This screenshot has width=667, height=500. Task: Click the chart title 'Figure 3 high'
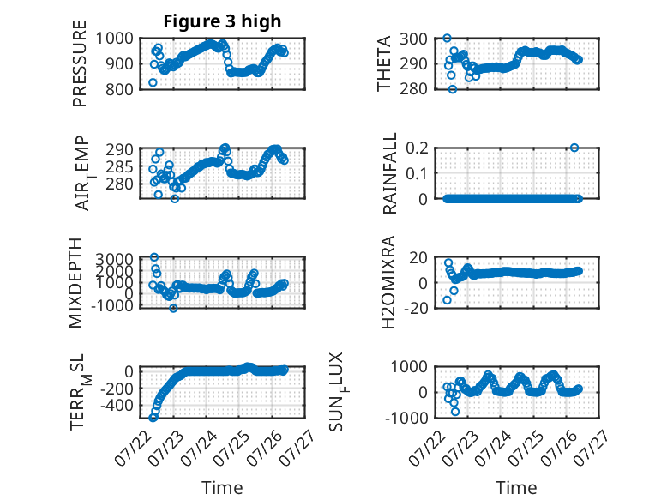(222, 21)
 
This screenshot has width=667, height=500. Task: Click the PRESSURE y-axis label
(80, 63)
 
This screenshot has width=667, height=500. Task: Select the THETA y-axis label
(384, 63)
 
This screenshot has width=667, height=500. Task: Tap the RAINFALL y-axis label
(389, 173)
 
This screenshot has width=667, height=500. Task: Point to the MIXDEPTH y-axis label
(75, 283)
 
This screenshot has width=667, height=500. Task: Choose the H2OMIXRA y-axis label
(388, 282)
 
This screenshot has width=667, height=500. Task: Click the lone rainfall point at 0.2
(574, 148)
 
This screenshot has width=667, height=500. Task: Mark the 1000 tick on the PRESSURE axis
(114, 39)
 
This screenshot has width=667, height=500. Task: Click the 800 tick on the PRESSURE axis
(119, 89)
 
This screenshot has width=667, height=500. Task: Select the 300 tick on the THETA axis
(413, 39)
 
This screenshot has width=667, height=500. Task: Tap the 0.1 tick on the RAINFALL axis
(417, 173)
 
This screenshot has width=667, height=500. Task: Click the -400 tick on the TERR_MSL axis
(117, 406)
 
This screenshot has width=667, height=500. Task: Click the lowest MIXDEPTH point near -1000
(173, 308)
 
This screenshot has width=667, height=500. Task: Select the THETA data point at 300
(447, 39)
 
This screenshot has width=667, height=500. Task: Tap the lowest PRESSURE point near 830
(153, 82)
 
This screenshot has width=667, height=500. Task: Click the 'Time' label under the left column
(222, 488)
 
